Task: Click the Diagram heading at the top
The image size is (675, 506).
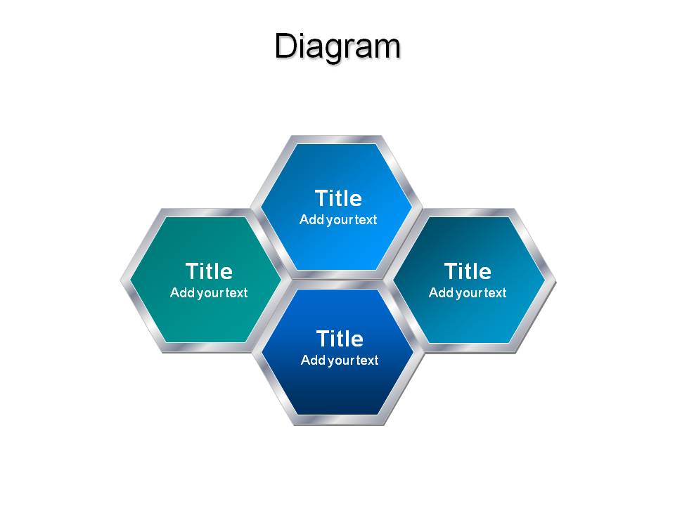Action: (x=338, y=46)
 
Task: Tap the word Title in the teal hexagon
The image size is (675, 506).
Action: (x=210, y=271)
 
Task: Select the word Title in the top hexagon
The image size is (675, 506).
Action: (x=338, y=198)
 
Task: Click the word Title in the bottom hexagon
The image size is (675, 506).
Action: (x=340, y=339)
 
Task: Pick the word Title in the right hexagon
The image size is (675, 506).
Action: (x=468, y=271)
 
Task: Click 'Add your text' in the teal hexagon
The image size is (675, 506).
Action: (x=209, y=293)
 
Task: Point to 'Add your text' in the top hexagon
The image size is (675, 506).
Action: (x=338, y=220)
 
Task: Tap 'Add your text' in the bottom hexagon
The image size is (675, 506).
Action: (x=340, y=360)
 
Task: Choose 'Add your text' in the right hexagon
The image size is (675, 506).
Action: (x=468, y=293)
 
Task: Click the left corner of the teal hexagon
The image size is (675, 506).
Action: (x=121, y=281)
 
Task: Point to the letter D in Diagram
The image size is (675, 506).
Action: (x=285, y=46)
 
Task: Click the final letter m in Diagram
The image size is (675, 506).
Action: (x=387, y=49)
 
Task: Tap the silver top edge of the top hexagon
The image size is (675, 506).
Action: (x=337, y=139)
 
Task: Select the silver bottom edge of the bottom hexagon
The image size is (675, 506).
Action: (x=338, y=420)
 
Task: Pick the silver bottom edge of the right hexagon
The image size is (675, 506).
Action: (x=470, y=348)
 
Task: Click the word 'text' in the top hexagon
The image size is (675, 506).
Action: (x=366, y=220)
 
